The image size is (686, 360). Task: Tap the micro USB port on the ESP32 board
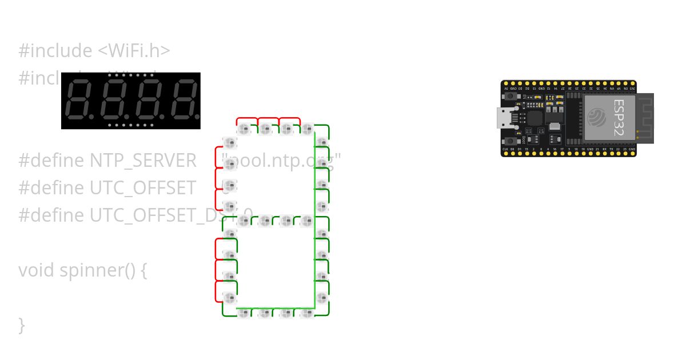[x=504, y=118]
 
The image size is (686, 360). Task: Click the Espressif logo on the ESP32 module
[x=598, y=118]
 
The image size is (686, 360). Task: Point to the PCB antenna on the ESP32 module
[x=645, y=118]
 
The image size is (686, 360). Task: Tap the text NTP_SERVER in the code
[x=143, y=161]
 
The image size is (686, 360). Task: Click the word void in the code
[x=37, y=270]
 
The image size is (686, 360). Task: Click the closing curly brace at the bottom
[x=22, y=325]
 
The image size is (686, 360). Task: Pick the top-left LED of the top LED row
[x=244, y=129]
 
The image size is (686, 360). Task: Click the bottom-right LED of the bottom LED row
[x=307, y=313]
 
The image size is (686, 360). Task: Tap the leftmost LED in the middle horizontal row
[x=244, y=221]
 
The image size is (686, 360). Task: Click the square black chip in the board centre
[x=535, y=118]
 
